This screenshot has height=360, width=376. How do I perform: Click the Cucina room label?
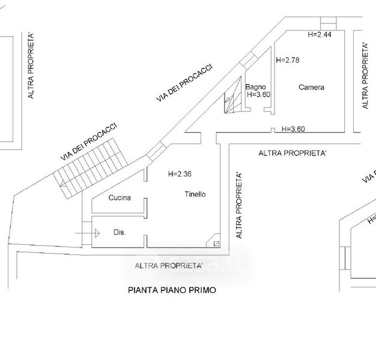click(120, 197)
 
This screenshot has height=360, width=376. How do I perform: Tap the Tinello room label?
click(195, 194)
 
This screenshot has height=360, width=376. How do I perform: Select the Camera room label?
click(311, 87)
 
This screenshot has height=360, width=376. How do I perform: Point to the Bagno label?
click(255, 86)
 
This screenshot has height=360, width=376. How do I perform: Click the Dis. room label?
click(119, 232)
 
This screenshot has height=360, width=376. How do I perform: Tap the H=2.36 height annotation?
click(181, 174)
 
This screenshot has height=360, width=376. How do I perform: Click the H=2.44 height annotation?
click(320, 35)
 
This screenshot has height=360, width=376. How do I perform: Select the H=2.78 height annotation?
click(287, 60)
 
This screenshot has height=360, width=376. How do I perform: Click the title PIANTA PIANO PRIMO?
click(172, 290)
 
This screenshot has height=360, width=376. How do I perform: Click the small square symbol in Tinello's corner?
click(216, 244)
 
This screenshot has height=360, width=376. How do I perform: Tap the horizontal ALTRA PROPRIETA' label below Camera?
click(293, 154)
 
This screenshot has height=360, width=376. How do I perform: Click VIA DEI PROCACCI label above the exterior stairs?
click(88, 142)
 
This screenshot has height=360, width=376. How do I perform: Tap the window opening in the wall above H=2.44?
click(329, 23)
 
